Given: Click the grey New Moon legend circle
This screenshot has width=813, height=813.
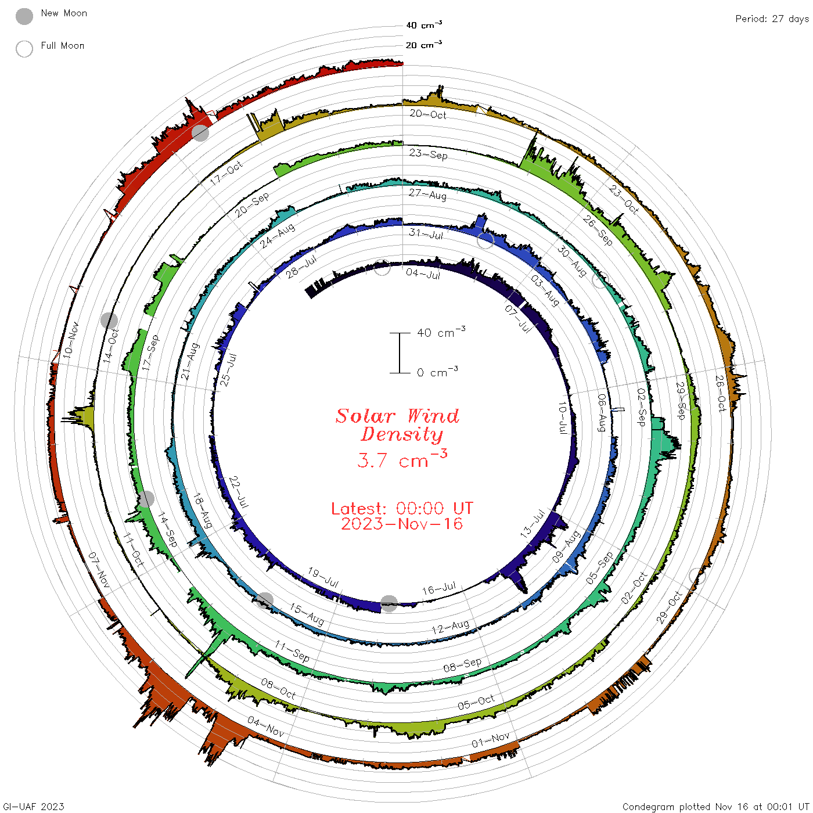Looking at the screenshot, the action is click(x=24, y=16).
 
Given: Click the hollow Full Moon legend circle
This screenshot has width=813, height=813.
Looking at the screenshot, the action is click(x=24, y=49).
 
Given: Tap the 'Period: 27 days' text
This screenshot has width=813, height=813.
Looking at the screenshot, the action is click(x=772, y=19).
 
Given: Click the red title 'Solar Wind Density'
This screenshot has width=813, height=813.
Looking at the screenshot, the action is click(x=397, y=425).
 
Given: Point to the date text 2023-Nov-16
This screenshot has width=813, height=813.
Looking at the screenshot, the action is click(x=402, y=524).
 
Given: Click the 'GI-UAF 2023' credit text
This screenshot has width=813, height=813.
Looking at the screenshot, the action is click(x=33, y=806).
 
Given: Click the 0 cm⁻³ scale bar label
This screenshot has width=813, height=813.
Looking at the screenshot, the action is click(x=437, y=372).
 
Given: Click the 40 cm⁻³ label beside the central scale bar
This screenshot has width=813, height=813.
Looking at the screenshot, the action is click(x=441, y=332).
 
